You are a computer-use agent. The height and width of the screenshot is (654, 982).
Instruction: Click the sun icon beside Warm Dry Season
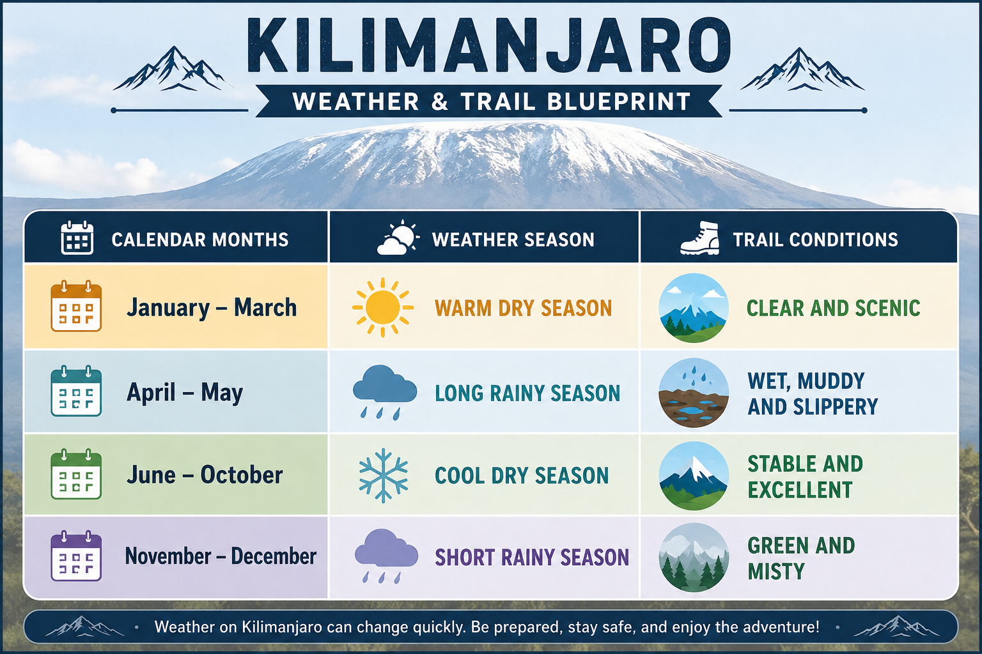[x=383, y=307]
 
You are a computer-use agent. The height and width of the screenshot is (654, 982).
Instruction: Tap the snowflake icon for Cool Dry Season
[x=383, y=475]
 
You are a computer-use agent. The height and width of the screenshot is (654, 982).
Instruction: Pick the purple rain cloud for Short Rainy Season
[x=386, y=556]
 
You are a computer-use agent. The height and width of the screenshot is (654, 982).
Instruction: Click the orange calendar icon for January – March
[x=76, y=306]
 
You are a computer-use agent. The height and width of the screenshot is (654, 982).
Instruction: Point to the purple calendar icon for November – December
[x=76, y=556]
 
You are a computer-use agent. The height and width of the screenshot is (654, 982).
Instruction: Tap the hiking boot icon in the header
[x=700, y=238]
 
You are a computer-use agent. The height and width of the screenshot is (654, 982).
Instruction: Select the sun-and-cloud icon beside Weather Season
[x=398, y=238]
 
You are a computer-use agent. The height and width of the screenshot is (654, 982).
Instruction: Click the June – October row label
[x=205, y=475]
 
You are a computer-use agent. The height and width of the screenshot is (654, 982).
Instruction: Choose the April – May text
[x=185, y=392]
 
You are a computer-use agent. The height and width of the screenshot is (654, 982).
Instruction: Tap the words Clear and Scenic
[x=834, y=308]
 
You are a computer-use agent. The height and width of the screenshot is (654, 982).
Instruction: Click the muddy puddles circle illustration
[x=694, y=393]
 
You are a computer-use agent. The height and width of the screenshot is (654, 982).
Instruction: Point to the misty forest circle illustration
[x=694, y=557]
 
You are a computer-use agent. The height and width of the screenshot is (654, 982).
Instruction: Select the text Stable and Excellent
[x=806, y=476]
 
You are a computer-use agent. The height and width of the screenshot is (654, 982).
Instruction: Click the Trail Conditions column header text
[x=815, y=240]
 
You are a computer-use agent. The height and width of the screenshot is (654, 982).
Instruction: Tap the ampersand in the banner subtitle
[x=440, y=101]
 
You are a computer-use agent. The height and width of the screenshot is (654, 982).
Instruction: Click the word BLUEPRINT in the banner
[x=619, y=101]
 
